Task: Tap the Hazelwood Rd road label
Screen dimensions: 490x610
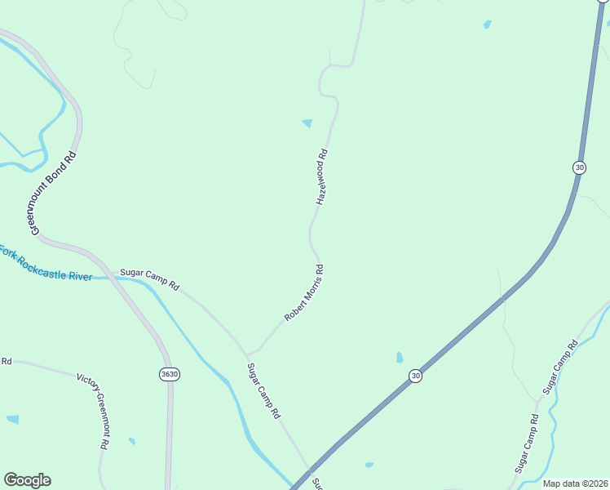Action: [321, 176]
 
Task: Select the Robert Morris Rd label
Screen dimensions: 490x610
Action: [304, 292]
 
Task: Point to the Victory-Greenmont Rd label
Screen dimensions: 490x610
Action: [93, 412]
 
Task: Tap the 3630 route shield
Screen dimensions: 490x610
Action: [170, 374]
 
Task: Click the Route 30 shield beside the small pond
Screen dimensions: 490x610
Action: [416, 376]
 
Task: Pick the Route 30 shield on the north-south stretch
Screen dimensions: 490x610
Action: [579, 167]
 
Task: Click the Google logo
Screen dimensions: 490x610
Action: [27, 480]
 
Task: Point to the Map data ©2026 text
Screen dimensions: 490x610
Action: [576, 483]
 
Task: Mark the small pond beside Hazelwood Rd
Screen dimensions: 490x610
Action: [307, 123]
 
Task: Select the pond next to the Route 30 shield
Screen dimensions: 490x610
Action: [399, 358]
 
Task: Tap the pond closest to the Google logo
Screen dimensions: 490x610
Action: [12, 420]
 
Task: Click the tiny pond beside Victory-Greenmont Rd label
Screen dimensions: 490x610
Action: [131, 441]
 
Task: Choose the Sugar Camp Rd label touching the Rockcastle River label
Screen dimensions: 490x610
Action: [148, 278]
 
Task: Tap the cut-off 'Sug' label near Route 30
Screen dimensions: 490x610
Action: [318, 483]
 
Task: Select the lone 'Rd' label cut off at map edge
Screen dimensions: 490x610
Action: [7, 361]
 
